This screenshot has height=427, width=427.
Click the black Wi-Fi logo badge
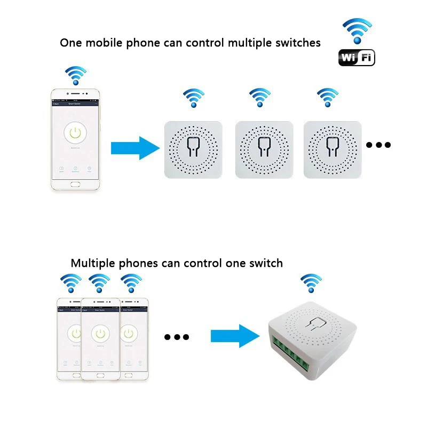(357, 58)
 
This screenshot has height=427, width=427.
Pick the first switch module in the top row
(192, 149)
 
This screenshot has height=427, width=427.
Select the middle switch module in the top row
(264, 149)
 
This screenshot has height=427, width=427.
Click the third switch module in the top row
(332, 149)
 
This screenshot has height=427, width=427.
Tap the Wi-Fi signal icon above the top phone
(76, 76)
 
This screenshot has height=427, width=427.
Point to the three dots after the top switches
(378, 145)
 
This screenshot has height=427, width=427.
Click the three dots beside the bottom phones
(177, 337)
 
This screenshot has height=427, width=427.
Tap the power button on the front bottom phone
(99, 334)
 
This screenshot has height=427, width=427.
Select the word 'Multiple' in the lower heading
(92, 263)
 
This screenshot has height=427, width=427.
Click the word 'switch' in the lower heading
(265, 263)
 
